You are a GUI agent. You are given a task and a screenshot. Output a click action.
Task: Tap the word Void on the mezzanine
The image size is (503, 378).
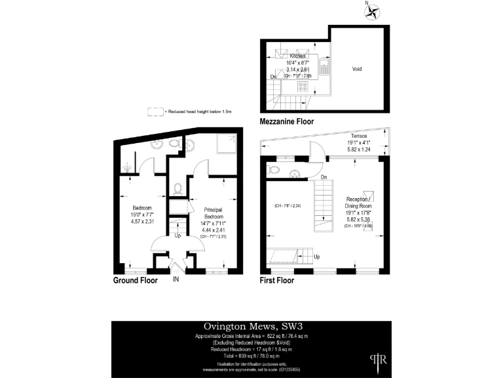tap(357, 69)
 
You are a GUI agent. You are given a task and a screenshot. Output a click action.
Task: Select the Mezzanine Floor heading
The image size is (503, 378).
tap(287, 121)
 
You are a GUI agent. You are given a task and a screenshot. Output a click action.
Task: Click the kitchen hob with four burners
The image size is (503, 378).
tap(304, 86)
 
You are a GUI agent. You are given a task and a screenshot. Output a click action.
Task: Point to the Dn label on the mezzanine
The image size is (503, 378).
tap(273, 77)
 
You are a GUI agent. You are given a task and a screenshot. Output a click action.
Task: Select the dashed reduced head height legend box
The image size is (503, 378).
tap(155, 112)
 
